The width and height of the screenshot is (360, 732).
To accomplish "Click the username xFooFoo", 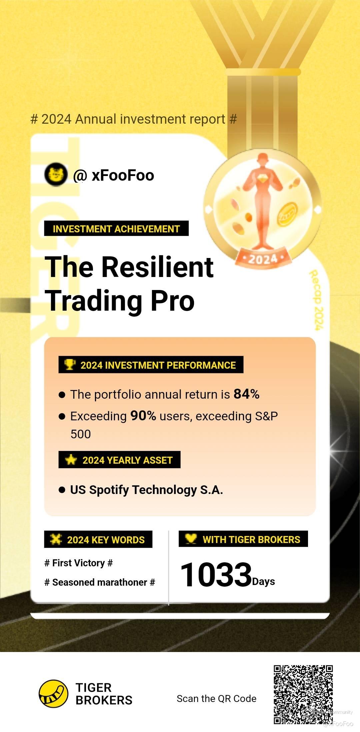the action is coord(123,175).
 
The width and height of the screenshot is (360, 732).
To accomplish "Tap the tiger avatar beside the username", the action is coord(56,174).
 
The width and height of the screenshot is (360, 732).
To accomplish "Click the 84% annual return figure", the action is coord(247,394).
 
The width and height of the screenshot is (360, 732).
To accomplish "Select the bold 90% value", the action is coord(143,416).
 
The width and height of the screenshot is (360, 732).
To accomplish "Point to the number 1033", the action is coord(216,574).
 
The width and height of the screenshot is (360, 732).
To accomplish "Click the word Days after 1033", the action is coord(264,582).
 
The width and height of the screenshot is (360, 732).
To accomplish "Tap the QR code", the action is coord(303,695).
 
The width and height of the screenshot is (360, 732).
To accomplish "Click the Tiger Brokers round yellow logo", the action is coord(53,693).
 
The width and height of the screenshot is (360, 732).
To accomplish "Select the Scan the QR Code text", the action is coord(217,698).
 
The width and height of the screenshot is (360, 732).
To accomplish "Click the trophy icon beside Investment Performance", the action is coord(70,364).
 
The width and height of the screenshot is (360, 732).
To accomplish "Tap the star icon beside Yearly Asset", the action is coord(71,460).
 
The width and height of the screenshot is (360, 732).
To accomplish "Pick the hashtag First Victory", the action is coord(79,563).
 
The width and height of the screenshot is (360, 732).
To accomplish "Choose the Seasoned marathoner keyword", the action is coord(100,582).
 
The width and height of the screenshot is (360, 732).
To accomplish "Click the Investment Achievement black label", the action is coord(116,229).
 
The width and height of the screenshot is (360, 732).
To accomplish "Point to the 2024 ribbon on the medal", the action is coord(263,258).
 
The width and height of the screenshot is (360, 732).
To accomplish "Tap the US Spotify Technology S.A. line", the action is coord(147,490).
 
